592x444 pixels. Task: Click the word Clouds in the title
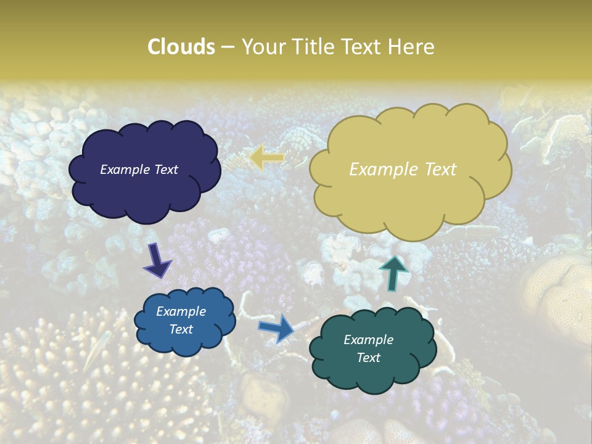click(x=181, y=47)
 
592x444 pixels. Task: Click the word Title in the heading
click(x=311, y=47)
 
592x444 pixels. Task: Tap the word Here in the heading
click(x=411, y=47)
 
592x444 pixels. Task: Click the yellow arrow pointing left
click(x=268, y=157)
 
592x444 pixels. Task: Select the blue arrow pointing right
click(x=277, y=327)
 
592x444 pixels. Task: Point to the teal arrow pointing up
click(x=393, y=272)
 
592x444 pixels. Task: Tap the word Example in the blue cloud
click(x=181, y=311)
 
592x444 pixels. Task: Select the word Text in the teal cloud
click(x=369, y=358)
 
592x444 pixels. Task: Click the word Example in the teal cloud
click(x=369, y=340)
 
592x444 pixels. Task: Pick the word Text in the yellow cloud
click(x=440, y=170)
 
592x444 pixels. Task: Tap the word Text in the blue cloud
click(x=181, y=329)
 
